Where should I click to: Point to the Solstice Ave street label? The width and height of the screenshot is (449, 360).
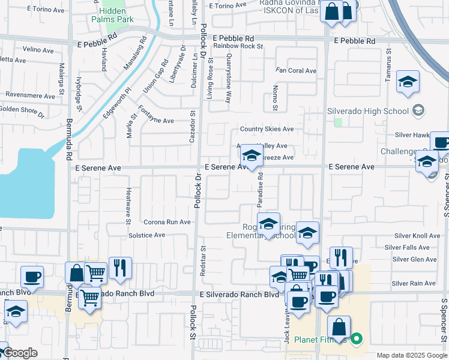tap(146, 235)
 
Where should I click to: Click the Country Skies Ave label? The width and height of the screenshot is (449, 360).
tap(267, 129)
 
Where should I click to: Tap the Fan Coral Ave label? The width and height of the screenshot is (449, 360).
tap(296, 71)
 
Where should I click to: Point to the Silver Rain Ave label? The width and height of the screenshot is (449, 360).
tap(414, 283)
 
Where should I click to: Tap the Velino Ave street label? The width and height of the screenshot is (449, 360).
tap(38, 49)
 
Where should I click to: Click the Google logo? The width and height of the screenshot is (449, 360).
tap(20, 353)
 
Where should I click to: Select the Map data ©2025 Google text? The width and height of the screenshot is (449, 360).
tap(411, 355)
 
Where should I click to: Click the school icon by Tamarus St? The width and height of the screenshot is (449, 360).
tap(408, 84)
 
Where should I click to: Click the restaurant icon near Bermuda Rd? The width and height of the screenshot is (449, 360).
tap(120, 269)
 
